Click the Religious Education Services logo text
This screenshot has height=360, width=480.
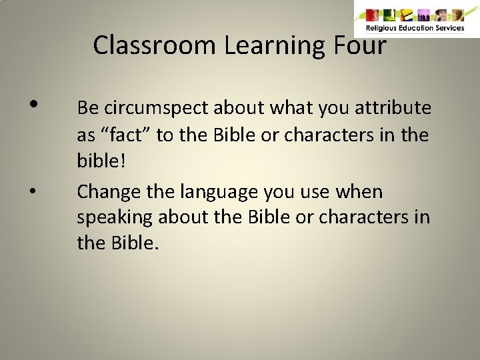coord(415,28)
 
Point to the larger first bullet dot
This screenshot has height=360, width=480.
coord(33,104)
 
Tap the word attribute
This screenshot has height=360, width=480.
coord(394,108)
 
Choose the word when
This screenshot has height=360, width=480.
coord(360,192)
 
